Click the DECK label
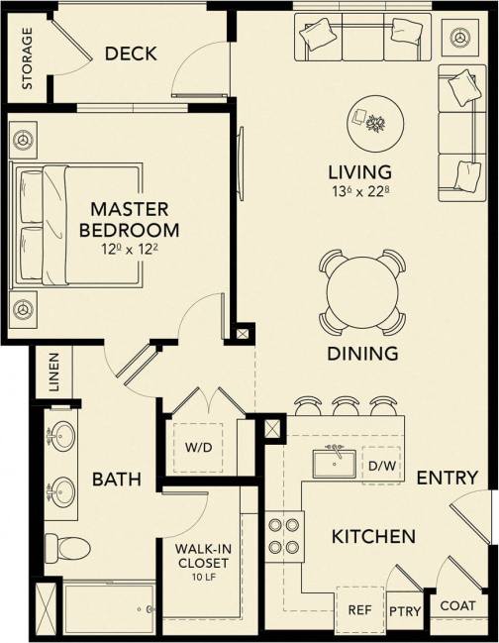131,54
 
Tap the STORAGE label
27,58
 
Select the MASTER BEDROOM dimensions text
130,252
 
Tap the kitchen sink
337,463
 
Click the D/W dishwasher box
381,465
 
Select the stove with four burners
284,534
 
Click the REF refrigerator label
358,610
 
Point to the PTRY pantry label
405,611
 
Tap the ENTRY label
448,479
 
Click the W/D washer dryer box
198,446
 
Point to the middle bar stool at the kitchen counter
347,406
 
